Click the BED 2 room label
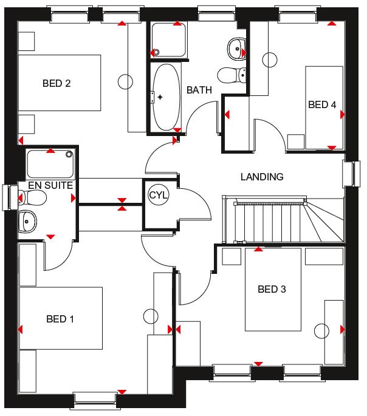57,83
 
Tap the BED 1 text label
60,319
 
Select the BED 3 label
272,289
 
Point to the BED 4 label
322,104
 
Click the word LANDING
262,177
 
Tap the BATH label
199,90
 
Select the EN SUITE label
50,185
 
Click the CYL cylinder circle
159,196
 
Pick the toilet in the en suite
32,197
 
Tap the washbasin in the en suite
27,221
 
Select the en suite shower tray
50,164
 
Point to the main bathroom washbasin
236,49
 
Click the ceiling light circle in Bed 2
125,81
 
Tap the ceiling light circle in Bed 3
321,331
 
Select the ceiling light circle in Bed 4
270,60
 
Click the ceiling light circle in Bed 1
151,316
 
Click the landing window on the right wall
352,174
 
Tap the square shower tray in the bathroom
168,40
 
